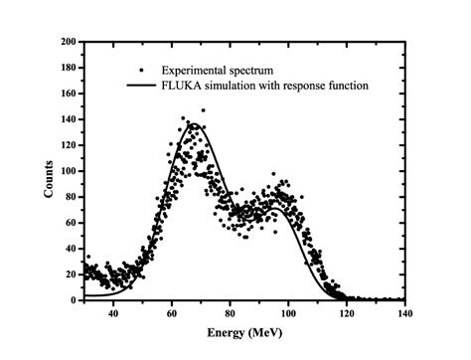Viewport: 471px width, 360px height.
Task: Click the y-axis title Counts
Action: click(48, 171)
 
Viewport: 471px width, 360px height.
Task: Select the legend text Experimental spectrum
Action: click(210, 71)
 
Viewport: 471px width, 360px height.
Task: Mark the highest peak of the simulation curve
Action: click(194, 125)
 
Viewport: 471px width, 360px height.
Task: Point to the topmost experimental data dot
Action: click(204, 110)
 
